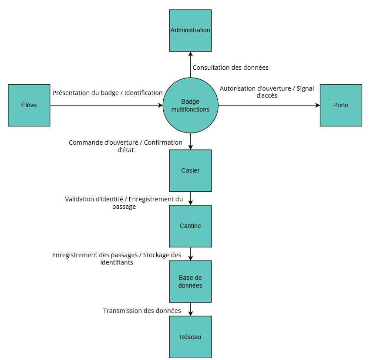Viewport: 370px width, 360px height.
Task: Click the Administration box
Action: tap(190, 31)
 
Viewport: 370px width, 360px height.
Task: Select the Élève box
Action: tap(29, 105)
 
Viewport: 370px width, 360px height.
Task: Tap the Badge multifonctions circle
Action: tap(190, 105)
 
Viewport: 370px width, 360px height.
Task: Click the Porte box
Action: tap(341, 105)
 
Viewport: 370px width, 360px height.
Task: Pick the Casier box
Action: tap(190, 170)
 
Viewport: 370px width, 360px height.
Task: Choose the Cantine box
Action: tap(190, 226)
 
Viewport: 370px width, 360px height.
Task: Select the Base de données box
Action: tap(190, 281)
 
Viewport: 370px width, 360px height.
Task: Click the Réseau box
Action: tap(190, 337)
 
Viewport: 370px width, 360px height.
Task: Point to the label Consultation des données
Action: tap(230, 68)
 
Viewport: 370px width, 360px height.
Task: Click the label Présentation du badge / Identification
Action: tap(108, 93)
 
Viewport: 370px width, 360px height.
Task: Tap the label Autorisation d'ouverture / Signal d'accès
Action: tap(266, 92)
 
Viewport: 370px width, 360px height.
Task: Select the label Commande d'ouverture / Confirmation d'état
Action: tap(125, 146)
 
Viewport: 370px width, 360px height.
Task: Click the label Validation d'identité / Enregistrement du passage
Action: tap(124, 203)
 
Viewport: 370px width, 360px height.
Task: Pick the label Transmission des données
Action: tap(142, 311)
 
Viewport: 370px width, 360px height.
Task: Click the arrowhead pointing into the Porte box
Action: tap(317, 105)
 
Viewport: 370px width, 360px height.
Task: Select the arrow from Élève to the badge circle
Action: tap(104, 105)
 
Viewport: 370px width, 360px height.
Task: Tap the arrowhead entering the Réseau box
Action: tap(190, 313)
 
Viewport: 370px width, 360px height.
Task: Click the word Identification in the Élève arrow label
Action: tap(143, 93)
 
